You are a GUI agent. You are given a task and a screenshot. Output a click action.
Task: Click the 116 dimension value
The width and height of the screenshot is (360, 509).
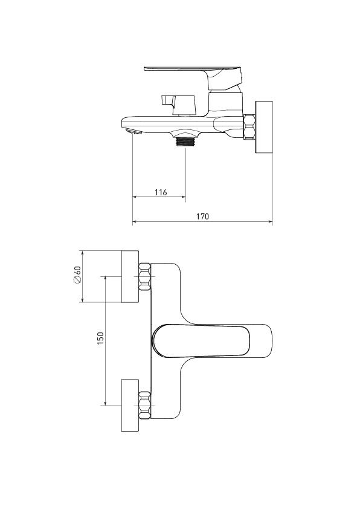point(161,192)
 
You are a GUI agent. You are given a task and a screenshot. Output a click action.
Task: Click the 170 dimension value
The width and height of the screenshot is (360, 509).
point(203,216)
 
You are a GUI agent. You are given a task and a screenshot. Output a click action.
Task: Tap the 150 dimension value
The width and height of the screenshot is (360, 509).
point(101,339)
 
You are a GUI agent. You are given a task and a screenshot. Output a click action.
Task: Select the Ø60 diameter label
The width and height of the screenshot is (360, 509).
point(77,275)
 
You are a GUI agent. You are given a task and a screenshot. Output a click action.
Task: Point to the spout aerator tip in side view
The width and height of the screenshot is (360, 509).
point(133,131)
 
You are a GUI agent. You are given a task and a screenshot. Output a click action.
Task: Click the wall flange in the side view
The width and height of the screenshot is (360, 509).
point(264,127)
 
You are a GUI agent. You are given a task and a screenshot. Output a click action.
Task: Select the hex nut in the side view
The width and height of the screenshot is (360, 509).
point(249,127)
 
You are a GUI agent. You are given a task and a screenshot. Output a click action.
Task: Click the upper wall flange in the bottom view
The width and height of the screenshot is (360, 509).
point(130,277)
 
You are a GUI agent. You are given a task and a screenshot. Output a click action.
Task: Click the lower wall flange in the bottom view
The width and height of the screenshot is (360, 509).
point(130,405)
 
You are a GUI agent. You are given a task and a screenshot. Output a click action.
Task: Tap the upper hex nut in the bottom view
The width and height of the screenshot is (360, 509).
point(144,277)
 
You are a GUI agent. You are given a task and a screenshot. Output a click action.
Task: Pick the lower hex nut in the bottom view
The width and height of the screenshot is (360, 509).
point(144,405)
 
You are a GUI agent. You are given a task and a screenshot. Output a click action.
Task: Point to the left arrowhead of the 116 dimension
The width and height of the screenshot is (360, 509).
point(135,196)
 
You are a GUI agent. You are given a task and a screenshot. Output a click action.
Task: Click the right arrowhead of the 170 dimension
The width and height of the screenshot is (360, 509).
point(270,222)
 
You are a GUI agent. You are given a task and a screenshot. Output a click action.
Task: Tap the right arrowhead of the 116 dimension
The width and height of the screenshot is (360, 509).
point(183,196)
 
